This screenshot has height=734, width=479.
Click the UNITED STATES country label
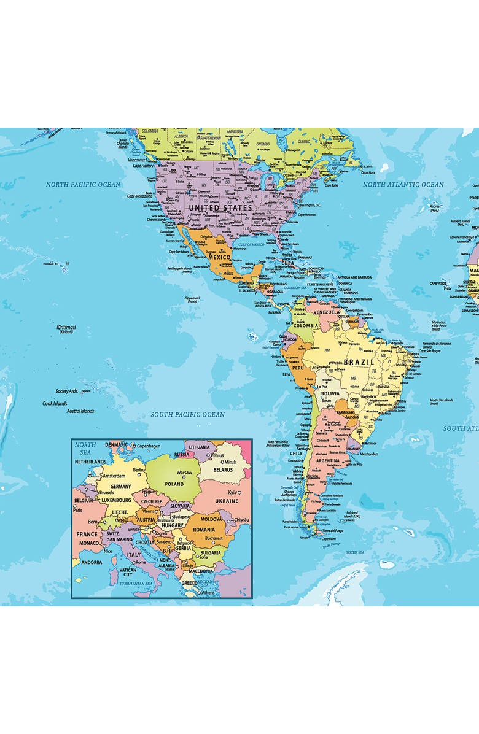[x=220, y=208]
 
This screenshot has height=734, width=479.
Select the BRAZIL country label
[x=359, y=362]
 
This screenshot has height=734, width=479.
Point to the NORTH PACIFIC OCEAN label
[x=84, y=184]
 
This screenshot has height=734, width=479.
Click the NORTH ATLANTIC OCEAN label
[x=403, y=184]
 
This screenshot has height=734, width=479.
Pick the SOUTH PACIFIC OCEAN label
[x=188, y=415]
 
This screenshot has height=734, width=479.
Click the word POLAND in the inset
[x=174, y=484]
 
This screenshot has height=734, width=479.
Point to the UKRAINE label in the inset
[x=226, y=501]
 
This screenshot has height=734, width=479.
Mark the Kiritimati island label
[x=66, y=328]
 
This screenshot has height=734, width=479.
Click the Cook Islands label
[x=55, y=403]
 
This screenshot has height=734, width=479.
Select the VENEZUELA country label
[x=327, y=312]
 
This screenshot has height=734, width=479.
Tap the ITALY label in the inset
[x=133, y=554]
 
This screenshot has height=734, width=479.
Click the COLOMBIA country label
[x=305, y=325]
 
